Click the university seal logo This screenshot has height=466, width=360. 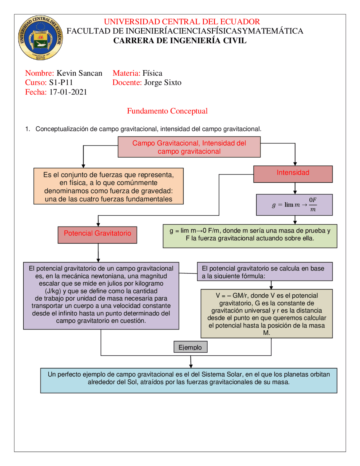tap(40, 38)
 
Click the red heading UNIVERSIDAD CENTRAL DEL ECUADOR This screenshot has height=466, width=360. tap(182, 22)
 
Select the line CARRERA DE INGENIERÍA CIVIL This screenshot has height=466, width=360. tap(180, 41)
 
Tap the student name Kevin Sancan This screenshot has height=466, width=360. tap(79, 73)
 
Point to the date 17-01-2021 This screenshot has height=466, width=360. tap(68, 92)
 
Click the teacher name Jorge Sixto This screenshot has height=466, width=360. tap(163, 82)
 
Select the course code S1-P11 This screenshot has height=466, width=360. tap(61, 82)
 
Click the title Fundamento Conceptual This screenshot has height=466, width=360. tap(167, 111)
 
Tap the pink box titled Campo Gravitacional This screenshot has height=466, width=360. tap(189, 147)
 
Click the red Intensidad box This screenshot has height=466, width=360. tap(293, 174)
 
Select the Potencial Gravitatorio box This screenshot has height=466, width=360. tap(97, 235)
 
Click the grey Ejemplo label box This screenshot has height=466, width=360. tap(190, 347)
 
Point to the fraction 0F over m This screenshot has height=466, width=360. tap(313, 205)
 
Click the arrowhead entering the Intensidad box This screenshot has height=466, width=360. tap(295, 164)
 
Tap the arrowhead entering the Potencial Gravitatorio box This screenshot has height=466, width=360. tap(98, 225)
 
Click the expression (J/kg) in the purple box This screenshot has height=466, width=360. tap(53, 291)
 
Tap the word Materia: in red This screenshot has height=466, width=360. tap(126, 73)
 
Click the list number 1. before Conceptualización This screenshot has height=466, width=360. tap(28, 129)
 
